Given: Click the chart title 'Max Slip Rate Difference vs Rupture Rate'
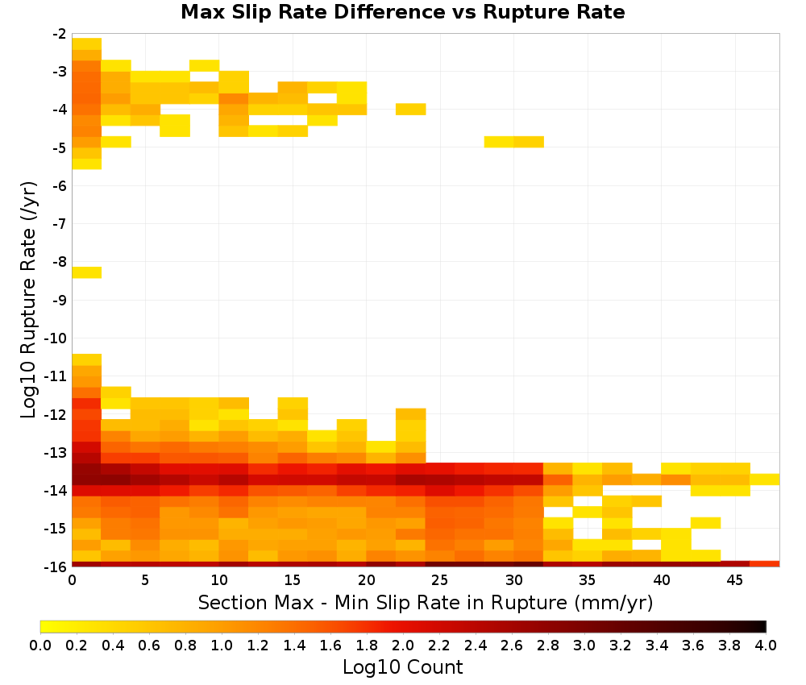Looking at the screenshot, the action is click(x=402, y=12).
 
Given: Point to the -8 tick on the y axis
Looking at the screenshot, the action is click(x=60, y=262).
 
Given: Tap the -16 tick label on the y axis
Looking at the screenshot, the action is click(x=56, y=567).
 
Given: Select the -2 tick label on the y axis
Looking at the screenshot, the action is click(x=60, y=34).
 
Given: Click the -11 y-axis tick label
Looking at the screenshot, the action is click(x=56, y=376).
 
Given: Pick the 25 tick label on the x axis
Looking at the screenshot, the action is click(x=440, y=580).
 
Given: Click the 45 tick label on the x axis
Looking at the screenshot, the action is click(x=734, y=580).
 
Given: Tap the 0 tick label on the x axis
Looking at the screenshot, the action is click(x=72, y=580).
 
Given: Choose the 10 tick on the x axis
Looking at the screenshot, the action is click(x=219, y=580).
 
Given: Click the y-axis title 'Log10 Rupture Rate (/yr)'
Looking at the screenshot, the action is click(x=28, y=300).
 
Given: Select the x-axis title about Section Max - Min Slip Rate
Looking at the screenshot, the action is click(x=426, y=602).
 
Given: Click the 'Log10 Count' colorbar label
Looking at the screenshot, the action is click(x=402, y=667).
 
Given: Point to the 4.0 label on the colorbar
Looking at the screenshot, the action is click(x=766, y=646).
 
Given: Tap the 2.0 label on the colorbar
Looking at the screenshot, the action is click(x=403, y=646).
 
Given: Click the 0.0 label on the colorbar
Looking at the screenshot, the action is click(x=40, y=646).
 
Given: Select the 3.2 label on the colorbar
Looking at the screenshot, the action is click(x=621, y=646).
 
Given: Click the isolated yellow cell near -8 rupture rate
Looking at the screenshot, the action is click(x=87, y=272).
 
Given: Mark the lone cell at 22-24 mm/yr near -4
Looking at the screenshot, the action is click(x=411, y=109).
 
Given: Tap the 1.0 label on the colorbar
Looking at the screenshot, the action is click(x=222, y=646).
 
